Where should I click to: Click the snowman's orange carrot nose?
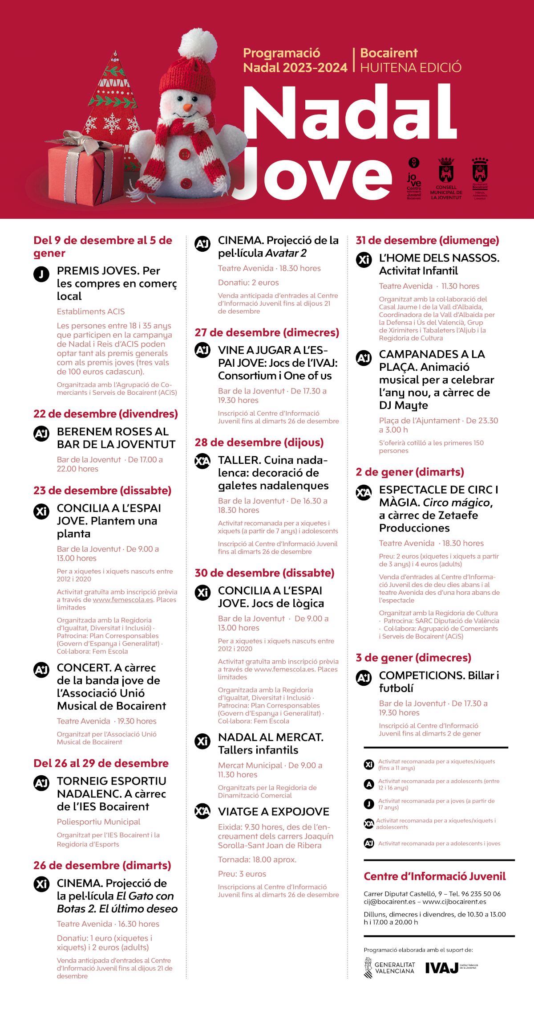(x=188, y=107)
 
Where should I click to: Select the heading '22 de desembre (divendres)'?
(x=105, y=414)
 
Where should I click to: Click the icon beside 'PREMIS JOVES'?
(x=41, y=274)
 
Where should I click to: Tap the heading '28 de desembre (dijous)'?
(x=259, y=442)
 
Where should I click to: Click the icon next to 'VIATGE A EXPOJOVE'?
(x=202, y=812)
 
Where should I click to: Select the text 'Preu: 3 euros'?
(x=242, y=874)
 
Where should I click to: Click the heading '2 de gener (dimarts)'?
(x=410, y=472)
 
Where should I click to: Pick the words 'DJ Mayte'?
(x=403, y=405)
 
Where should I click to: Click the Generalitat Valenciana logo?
(x=389, y=968)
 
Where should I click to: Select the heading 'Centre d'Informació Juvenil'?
(x=435, y=876)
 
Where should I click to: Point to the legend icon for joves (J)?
(x=369, y=804)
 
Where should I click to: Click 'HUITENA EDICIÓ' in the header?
(x=410, y=68)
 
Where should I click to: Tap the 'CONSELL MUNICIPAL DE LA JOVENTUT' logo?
(x=446, y=178)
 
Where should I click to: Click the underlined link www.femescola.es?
(x=123, y=600)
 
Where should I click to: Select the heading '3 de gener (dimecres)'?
(x=413, y=658)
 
